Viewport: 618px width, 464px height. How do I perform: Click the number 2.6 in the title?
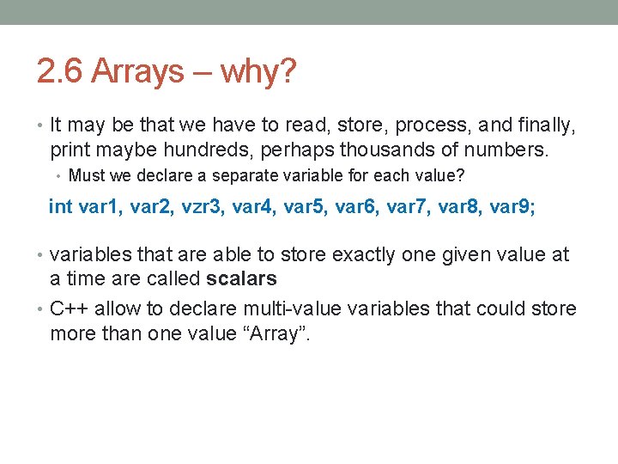pyautogui.click(x=59, y=72)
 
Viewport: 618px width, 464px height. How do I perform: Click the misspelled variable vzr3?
pyautogui.click(x=203, y=207)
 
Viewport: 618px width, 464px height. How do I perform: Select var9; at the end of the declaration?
pyautogui.click(x=512, y=207)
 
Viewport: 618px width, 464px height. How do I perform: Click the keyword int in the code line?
pyautogui.click(x=61, y=207)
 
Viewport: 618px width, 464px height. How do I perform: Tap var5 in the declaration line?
pyautogui.click(x=306, y=207)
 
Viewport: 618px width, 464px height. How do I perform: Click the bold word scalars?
pyautogui.click(x=242, y=278)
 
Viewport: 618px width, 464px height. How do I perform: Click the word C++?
pyautogui.click(x=70, y=308)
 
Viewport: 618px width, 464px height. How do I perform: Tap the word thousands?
pyautogui.click(x=381, y=150)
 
